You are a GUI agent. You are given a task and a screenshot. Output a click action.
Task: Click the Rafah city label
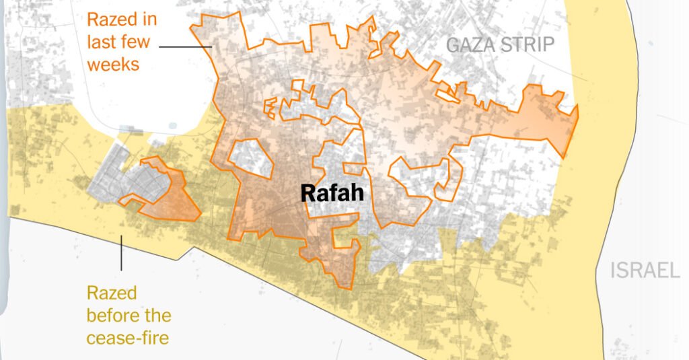click(332, 194)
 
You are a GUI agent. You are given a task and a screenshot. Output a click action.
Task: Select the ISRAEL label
click(645, 271)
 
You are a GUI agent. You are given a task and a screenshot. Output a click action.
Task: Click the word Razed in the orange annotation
click(113, 18)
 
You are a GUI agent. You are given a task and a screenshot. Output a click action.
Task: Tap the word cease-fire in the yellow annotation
click(128, 338)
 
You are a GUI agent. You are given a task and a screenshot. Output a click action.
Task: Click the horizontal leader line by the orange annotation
click(186, 46)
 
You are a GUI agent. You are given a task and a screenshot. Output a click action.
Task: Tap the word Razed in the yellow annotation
click(112, 293)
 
